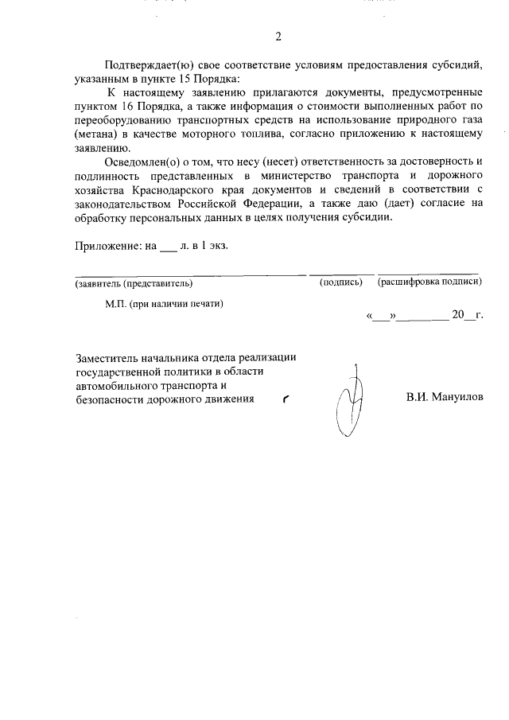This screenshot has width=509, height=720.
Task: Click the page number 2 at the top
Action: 278,37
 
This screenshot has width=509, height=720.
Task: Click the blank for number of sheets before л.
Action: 168,247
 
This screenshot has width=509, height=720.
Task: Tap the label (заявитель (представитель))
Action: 134,282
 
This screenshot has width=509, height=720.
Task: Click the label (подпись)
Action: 340,282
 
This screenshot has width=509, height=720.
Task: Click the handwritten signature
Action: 350,402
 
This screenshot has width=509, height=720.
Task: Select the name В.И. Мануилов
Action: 444,396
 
